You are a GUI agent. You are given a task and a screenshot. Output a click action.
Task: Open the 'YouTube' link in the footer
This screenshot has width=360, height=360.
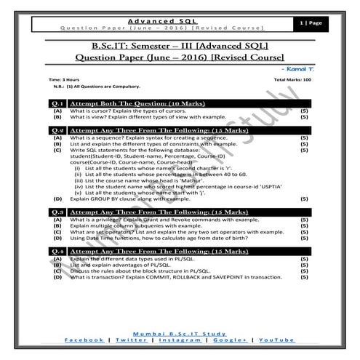tap(277, 340)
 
